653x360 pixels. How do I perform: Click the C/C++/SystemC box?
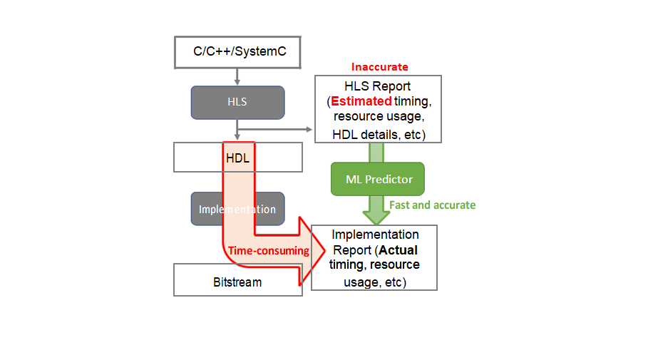click(237, 52)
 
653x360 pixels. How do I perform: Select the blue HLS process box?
click(237, 102)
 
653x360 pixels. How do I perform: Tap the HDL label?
click(237, 158)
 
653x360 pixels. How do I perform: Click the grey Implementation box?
click(237, 209)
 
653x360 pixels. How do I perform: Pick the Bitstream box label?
click(237, 282)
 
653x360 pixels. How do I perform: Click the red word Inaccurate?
click(379, 67)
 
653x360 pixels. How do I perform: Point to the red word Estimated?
click(361, 101)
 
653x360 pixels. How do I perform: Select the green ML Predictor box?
click(379, 179)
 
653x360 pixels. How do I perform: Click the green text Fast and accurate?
click(432, 205)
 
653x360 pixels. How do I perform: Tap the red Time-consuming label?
click(268, 250)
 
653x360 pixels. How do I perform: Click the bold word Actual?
click(399, 250)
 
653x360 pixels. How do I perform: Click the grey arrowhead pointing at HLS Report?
click(309, 129)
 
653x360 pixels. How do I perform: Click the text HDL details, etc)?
click(379, 134)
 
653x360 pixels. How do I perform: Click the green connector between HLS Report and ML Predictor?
click(376, 152)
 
